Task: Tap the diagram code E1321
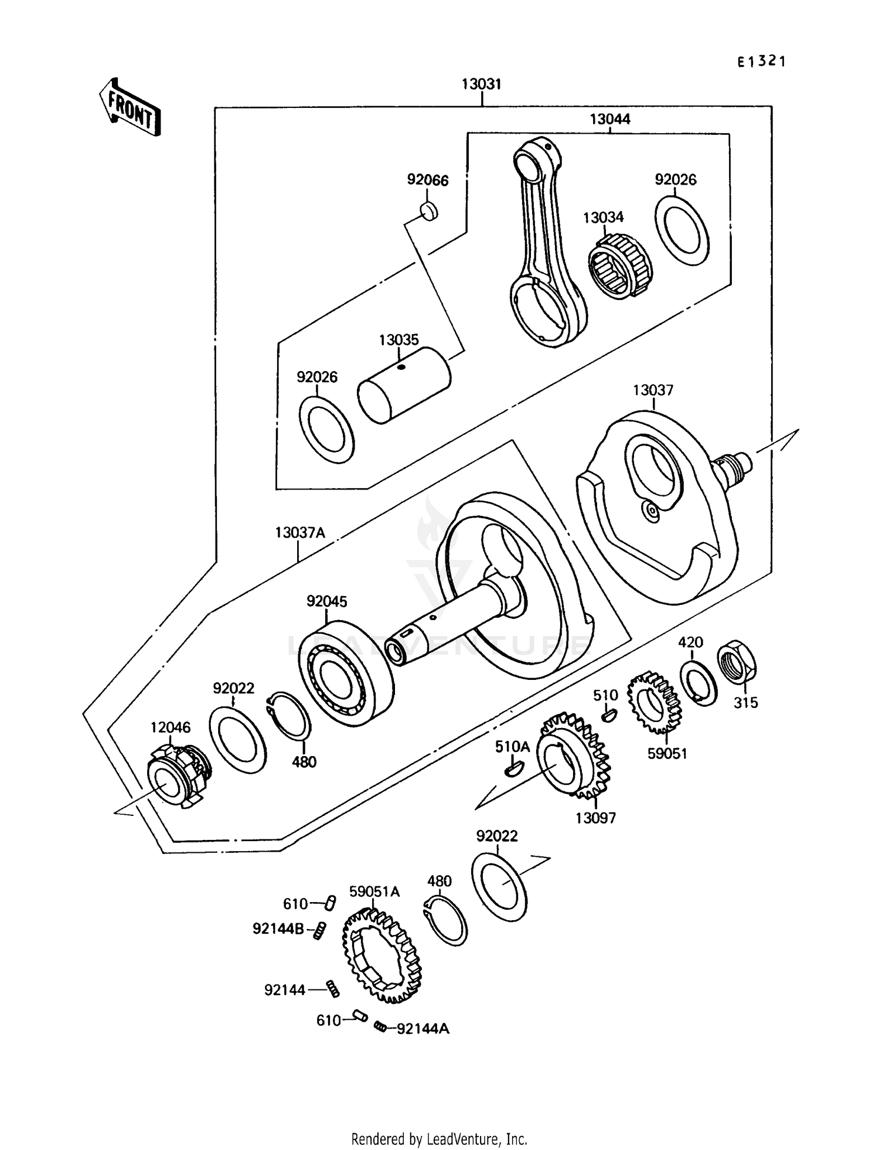(x=761, y=61)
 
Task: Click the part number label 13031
(x=481, y=84)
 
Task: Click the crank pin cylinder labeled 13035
(x=404, y=385)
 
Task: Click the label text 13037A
(x=299, y=533)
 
